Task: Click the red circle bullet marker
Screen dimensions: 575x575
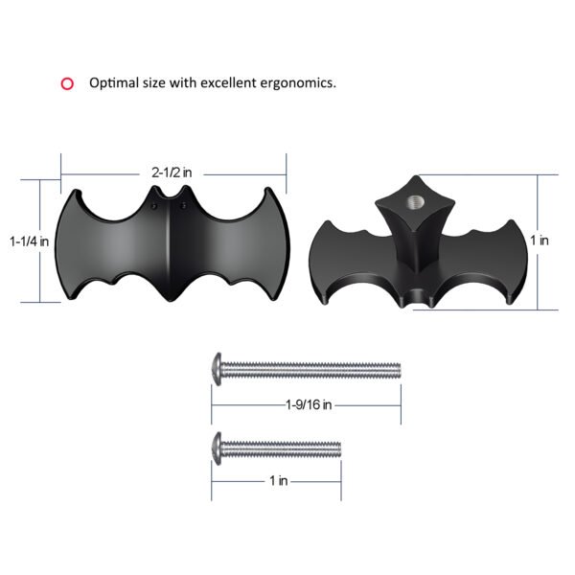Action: click(67, 83)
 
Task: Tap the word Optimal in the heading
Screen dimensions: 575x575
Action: click(114, 83)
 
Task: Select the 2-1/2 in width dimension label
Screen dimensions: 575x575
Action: click(172, 172)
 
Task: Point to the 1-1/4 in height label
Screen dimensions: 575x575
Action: click(29, 242)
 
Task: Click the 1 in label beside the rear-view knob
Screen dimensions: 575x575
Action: click(539, 241)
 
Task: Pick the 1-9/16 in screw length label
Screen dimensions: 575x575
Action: click(308, 405)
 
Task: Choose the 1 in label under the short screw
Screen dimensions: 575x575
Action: click(277, 481)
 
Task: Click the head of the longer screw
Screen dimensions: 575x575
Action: click(218, 367)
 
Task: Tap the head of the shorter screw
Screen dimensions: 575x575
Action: click(218, 446)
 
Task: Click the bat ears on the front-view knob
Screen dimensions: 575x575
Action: click(170, 203)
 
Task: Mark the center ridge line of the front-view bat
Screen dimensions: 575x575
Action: click(170, 249)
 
